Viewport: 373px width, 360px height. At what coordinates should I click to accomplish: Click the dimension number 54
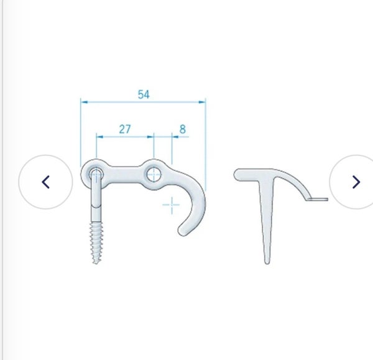tap(144, 95)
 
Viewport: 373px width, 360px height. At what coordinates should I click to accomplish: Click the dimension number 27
tap(125, 129)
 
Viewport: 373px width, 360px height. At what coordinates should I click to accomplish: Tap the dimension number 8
tap(182, 129)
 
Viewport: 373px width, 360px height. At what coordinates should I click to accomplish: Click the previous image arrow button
tap(45, 182)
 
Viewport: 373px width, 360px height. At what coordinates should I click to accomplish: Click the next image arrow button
tap(356, 182)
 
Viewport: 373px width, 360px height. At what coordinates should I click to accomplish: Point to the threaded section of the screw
tap(96, 241)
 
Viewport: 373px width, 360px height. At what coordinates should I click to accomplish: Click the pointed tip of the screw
tap(96, 262)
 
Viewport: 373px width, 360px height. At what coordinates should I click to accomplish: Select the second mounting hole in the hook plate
tap(154, 175)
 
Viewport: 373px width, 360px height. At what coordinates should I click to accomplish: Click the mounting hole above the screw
tap(96, 175)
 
